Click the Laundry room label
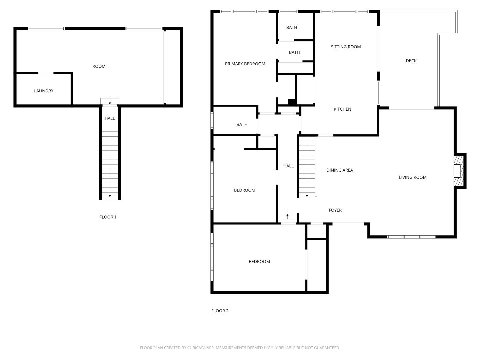click(44, 91)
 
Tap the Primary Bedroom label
click(245, 64)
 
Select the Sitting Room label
click(346, 47)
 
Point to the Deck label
click(411, 61)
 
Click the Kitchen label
click(342, 109)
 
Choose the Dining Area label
click(339, 170)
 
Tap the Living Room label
click(413, 177)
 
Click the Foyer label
click(335, 210)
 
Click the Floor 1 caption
click(108, 217)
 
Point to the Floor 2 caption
click(220, 311)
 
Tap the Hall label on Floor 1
click(110, 118)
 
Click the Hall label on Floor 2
click(288, 166)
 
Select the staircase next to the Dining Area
click(307, 167)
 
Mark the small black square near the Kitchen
click(292, 102)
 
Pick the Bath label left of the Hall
click(242, 125)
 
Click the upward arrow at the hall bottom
click(287, 216)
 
